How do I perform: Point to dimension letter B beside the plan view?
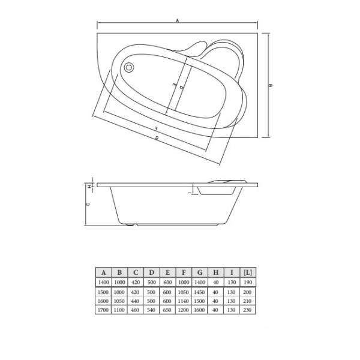[x=271, y=86]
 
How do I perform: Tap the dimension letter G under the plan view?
[x=157, y=139]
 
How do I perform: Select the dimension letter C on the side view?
[x=88, y=204]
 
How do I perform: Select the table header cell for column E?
[x=167, y=272]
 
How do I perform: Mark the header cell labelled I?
[x=231, y=272]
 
